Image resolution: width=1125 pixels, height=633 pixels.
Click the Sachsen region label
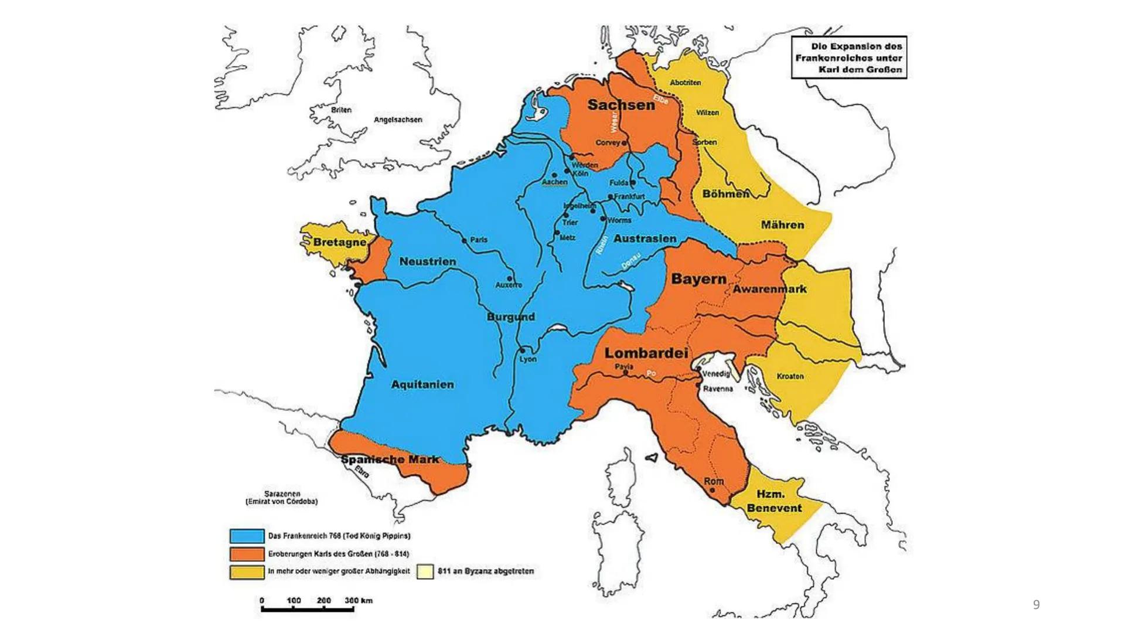(621, 105)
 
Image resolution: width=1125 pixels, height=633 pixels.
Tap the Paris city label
(479, 240)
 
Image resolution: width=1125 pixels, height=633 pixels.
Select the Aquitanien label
(422, 384)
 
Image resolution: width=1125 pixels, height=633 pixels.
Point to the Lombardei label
(646, 353)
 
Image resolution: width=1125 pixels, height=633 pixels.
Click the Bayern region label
(698, 279)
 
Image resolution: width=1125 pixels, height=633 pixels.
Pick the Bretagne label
(339, 242)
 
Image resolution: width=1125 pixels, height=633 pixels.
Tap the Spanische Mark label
(390, 460)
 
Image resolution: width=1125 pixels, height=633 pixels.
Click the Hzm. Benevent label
(773, 501)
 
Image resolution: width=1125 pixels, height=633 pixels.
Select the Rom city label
(714, 481)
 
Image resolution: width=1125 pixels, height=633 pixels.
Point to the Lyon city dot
(522, 350)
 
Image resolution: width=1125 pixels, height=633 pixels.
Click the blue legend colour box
(247, 536)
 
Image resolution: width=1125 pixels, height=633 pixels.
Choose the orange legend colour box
(247, 554)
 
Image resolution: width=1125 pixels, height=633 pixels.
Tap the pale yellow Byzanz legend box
(425, 571)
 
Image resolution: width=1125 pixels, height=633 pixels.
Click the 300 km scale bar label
(359, 600)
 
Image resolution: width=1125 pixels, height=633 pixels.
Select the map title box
(848, 57)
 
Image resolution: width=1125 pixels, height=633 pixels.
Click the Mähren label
(783, 224)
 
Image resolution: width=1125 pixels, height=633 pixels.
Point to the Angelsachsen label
(398, 120)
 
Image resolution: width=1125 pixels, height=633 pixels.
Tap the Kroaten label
(790, 376)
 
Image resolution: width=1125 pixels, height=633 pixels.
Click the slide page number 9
(1036, 604)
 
